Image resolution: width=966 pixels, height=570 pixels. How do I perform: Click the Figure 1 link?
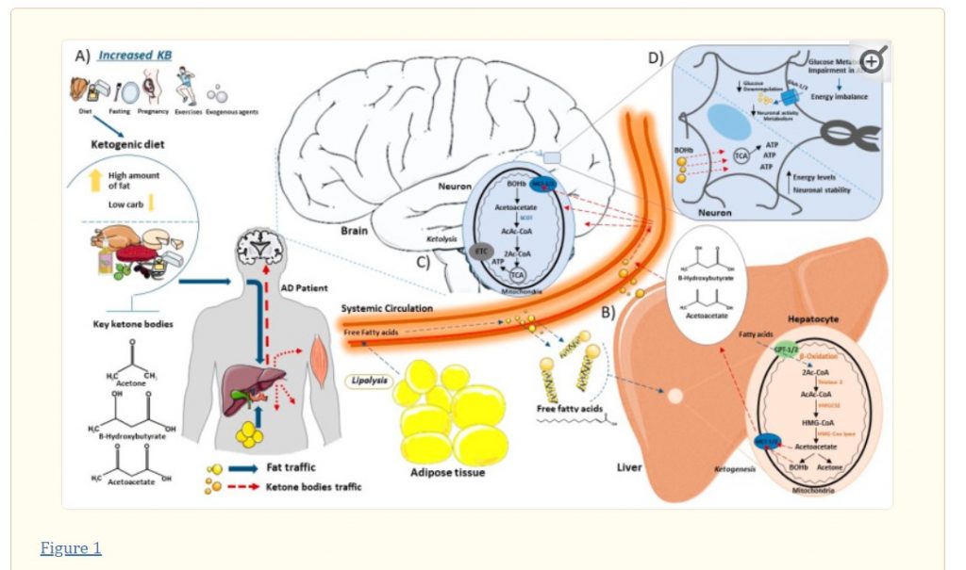coord(71,548)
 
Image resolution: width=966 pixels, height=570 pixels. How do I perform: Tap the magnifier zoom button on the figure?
coord(871,61)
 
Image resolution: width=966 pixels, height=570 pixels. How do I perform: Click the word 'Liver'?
coord(630,466)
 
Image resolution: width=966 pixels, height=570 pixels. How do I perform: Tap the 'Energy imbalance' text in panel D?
coord(841,96)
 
